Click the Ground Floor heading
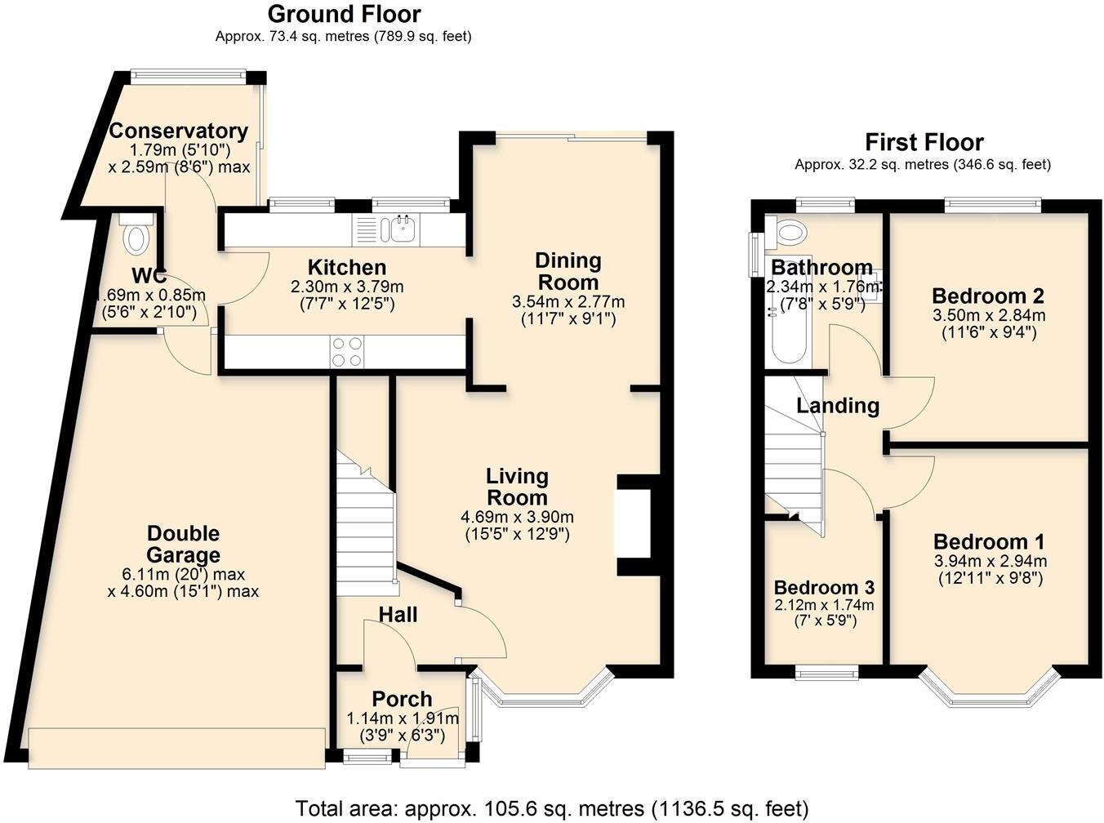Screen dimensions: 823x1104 pos(344,14)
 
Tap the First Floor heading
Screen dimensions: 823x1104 pos(924,142)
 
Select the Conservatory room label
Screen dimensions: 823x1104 pos(178,131)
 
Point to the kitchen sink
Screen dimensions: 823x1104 pos(403,229)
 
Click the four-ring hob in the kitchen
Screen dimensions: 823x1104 pos(346,352)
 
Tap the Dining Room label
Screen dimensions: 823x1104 pos(568,271)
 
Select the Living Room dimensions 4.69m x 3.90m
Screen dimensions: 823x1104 pos(517,517)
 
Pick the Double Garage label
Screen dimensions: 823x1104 pos(183,545)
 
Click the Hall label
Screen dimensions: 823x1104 pos(398,614)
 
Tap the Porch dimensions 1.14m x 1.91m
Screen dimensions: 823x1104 pos(402,718)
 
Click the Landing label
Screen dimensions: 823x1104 pos(838,405)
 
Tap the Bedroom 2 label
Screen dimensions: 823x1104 pos(988,296)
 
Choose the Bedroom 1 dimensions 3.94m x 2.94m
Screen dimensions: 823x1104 pos(990,562)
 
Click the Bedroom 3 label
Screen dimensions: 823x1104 pos(824,587)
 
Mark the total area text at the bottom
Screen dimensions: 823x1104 pos(551,808)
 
